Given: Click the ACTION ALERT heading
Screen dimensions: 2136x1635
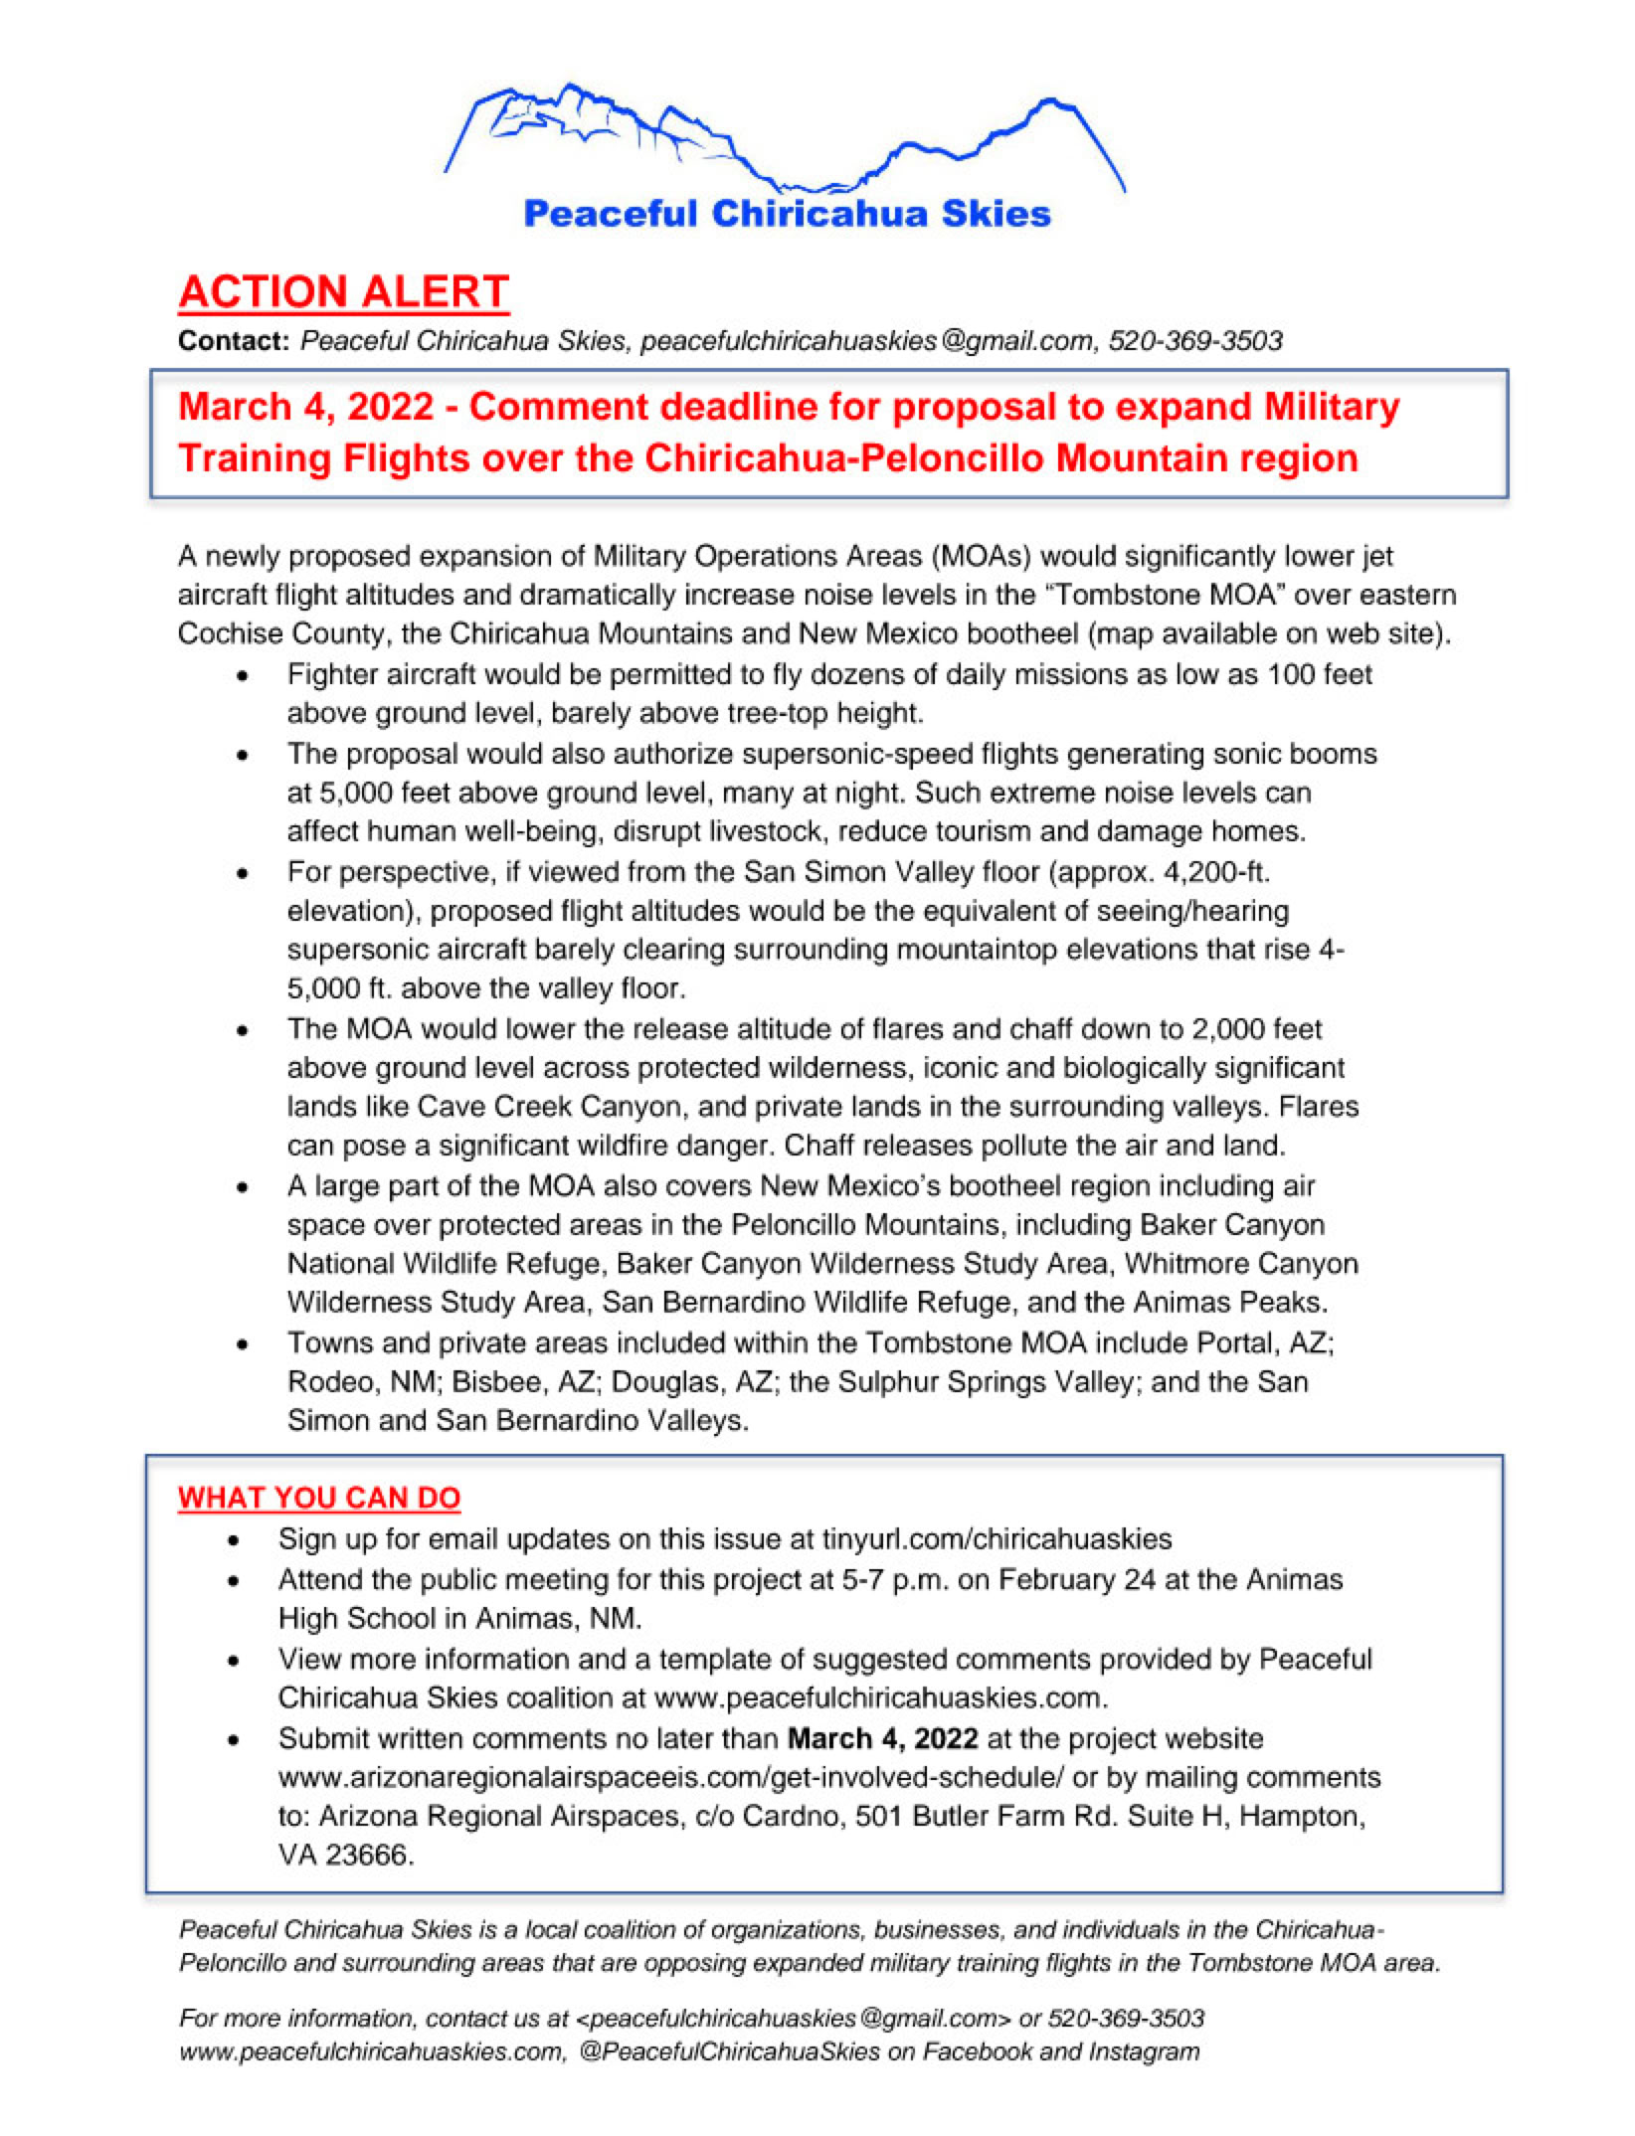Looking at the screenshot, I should [343, 291].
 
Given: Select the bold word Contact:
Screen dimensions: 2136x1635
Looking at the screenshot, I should [233, 341].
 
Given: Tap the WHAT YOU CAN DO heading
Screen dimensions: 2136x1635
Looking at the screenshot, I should [319, 1498].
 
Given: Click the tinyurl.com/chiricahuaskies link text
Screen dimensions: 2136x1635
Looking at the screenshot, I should [997, 1539].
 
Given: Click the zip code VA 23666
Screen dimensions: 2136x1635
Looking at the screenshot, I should [345, 1856].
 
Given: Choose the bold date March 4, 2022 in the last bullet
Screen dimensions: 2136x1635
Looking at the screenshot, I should [882, 1738].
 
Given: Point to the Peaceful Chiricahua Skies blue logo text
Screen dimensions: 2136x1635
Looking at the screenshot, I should [787, 214].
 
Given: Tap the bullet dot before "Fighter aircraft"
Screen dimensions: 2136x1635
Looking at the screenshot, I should [243, 676].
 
